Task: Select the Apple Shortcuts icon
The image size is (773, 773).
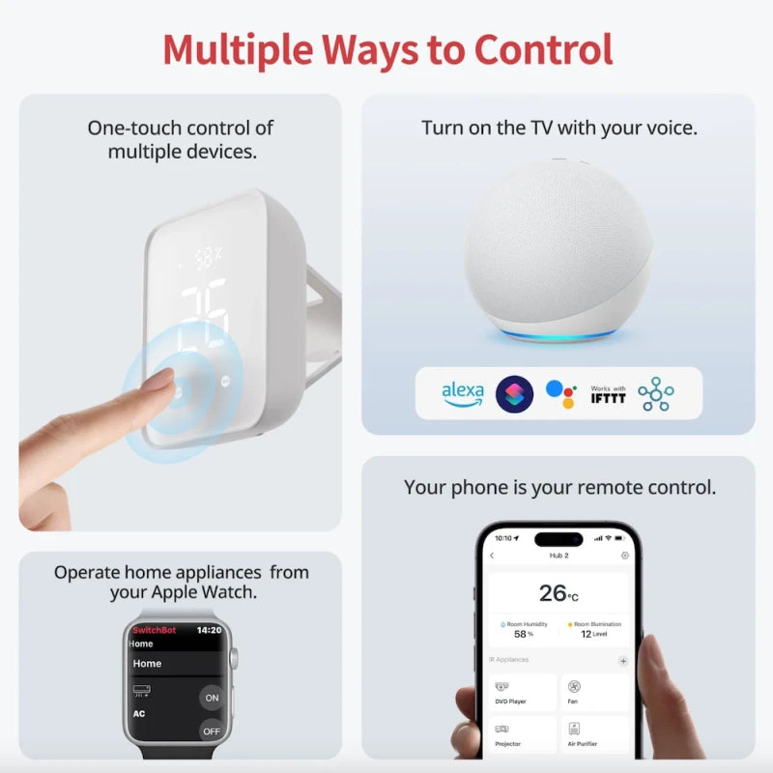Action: pos(514,393)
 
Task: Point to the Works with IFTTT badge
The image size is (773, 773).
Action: pos(608,393)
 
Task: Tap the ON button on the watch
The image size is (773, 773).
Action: pos(212,698)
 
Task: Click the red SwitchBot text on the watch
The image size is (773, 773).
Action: pos(155,630)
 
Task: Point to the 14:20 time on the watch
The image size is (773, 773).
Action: pos(209,630)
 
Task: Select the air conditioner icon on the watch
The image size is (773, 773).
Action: pos(142,692)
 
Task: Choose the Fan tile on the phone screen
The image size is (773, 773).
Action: pos(594,692)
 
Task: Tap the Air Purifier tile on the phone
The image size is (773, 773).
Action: pos(594,734)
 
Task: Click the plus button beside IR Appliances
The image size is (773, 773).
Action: pos(623,661)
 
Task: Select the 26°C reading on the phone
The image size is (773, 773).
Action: pos(558,592)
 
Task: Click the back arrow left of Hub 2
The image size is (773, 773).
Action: pos(492,556)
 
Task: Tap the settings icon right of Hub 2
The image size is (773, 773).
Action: pos(625,556)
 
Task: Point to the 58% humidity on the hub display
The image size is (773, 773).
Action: pos(209,259)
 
